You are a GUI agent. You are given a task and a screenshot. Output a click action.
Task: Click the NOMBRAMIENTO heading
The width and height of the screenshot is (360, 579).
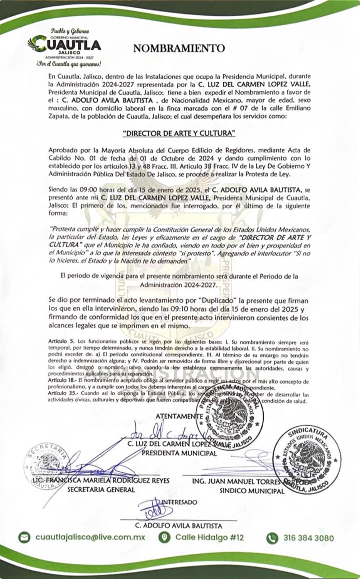pyautogui.click(x=179, y=48)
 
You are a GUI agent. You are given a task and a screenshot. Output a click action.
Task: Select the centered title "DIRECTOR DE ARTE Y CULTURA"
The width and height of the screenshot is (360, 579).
pyautogui.click(x=180, y=133)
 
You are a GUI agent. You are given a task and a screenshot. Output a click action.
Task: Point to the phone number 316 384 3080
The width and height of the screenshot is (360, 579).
pyautogui.click(x=309, y=538)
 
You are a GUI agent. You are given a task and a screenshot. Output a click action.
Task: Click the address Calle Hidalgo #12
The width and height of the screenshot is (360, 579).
pyautogui.click(x=209, y=537)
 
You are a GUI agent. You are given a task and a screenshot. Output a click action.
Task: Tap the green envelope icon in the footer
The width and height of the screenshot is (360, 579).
pyautogui.click(x=24, y=537)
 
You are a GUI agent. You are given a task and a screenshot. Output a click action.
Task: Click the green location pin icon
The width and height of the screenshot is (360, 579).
pyautogui.click(x=165, y=537)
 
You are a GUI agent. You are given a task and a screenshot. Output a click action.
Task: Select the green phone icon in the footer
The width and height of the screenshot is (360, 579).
pyautogui.click(x=272, y=538)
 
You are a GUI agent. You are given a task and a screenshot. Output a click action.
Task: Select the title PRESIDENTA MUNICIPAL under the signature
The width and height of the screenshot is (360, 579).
pyautogui.click(x=179, y=453)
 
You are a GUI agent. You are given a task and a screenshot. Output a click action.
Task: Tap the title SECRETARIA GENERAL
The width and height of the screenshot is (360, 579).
pyautogui.click(x=101, y=489)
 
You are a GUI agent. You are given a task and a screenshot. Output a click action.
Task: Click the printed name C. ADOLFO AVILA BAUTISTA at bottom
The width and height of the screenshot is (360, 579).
pyautogui.click(x=179, y=526)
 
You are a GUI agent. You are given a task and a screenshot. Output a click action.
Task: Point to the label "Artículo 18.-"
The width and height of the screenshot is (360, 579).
pyautogui.click(x=63, y=382)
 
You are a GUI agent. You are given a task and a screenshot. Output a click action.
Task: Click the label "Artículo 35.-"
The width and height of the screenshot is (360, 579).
pyautogui.click(x=63, y=394)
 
